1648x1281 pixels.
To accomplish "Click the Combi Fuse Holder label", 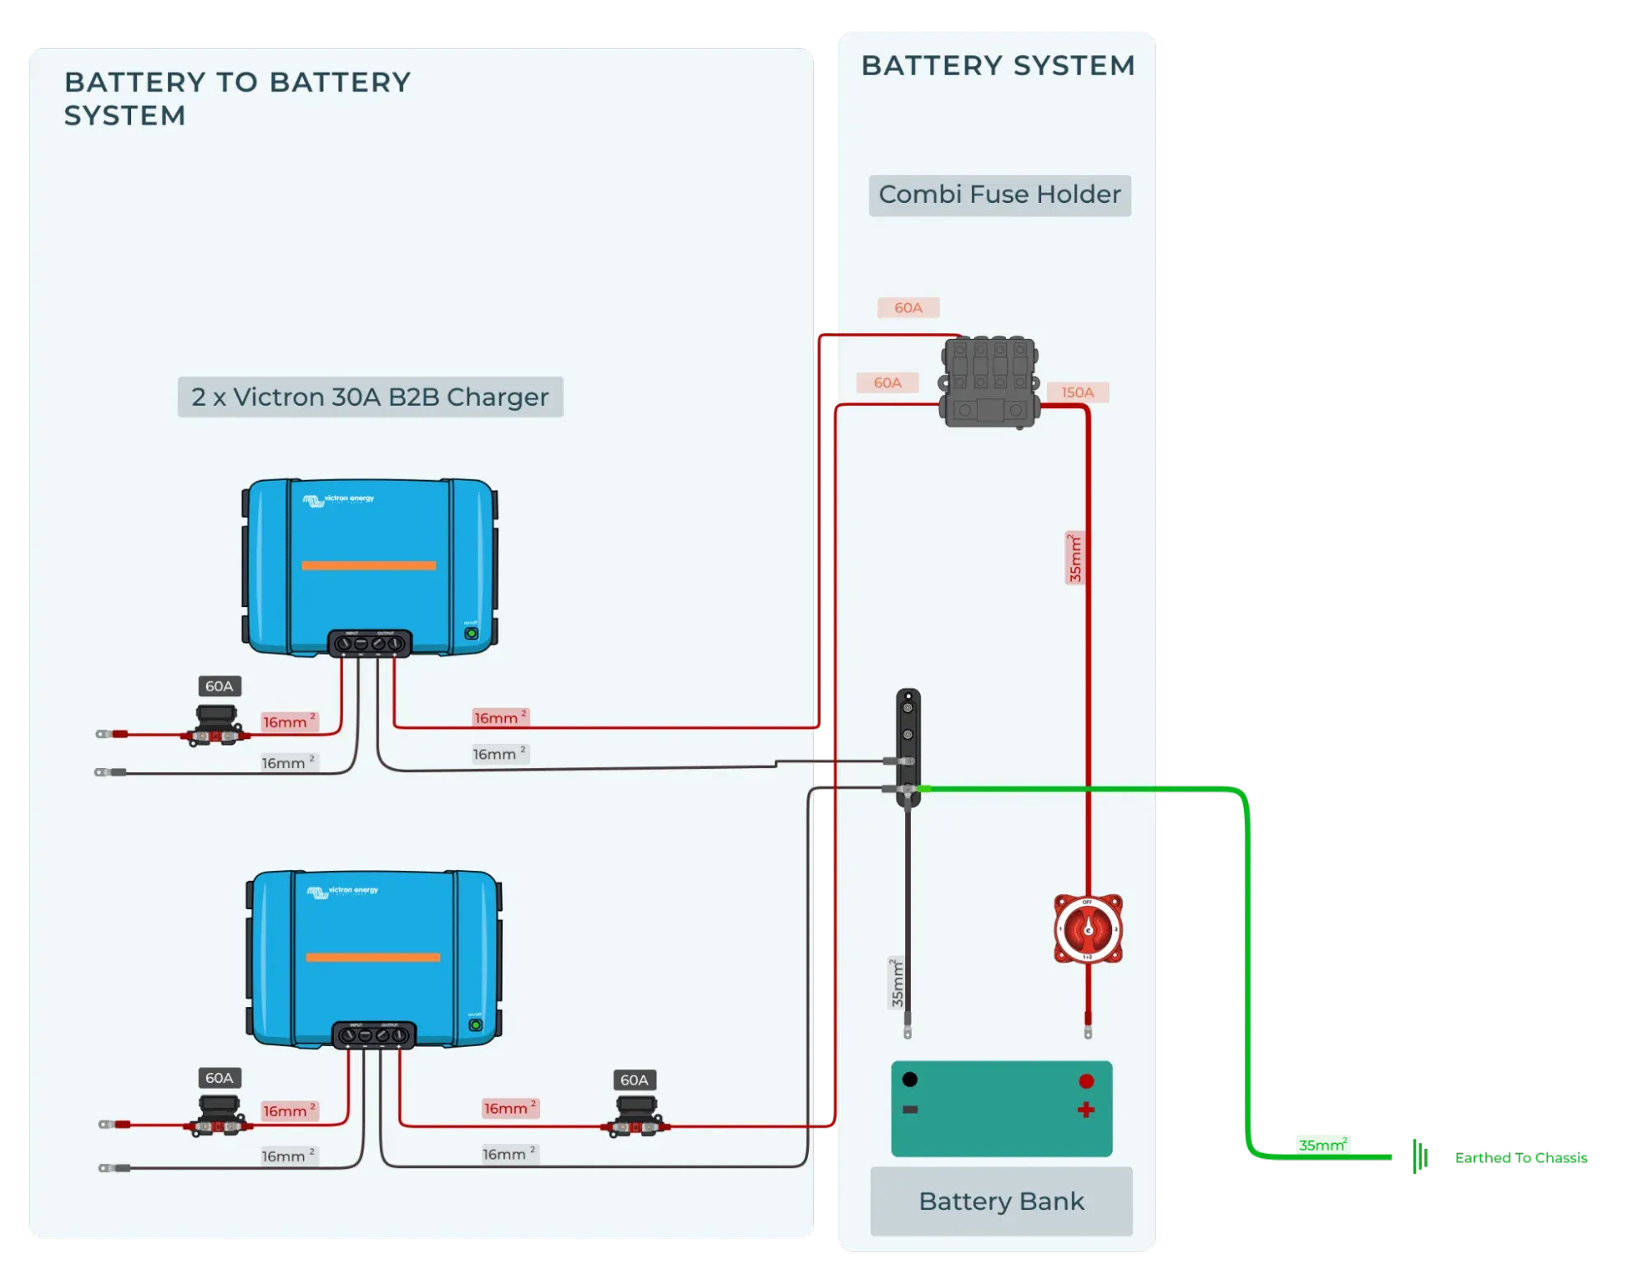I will click(x=999, y=195).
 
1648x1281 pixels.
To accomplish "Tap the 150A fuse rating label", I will click(x=1077, y=393).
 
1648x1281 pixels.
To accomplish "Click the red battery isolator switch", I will click(x=1087, y=929).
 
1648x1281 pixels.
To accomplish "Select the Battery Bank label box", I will click(x=1001, y=1201).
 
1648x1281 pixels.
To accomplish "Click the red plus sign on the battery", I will click(x=1086, y=1109).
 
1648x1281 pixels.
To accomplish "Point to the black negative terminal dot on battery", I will click(x=910, y=1079).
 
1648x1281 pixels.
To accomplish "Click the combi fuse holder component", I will click(x=989, y=381).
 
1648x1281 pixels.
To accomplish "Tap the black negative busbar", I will click(x=908, y=746).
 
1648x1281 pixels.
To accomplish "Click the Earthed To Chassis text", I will click(x=1520, y=1158).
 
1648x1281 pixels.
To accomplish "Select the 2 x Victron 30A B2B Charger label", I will click(x=370, y=397).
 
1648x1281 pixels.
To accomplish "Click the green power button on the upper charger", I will click(x=472, y=633).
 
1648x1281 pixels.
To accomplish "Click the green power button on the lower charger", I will click(x=476, y=1024).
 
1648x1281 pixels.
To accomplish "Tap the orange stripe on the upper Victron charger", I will click(x=369, y=565).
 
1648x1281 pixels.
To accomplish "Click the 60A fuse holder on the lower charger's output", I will click(x=636, y=1117).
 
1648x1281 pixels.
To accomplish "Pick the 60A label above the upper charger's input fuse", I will click(x=219, y=686).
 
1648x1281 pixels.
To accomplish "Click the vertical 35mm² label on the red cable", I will click(x=1075, y=558).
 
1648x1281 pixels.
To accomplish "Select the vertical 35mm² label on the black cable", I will click(x=897, y=983).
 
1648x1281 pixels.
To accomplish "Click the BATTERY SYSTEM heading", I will click(x=998, y=65).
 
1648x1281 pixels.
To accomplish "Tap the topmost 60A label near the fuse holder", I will click(x=908, y=308).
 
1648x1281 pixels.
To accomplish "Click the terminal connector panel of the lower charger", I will click(x=373, y=1034).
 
